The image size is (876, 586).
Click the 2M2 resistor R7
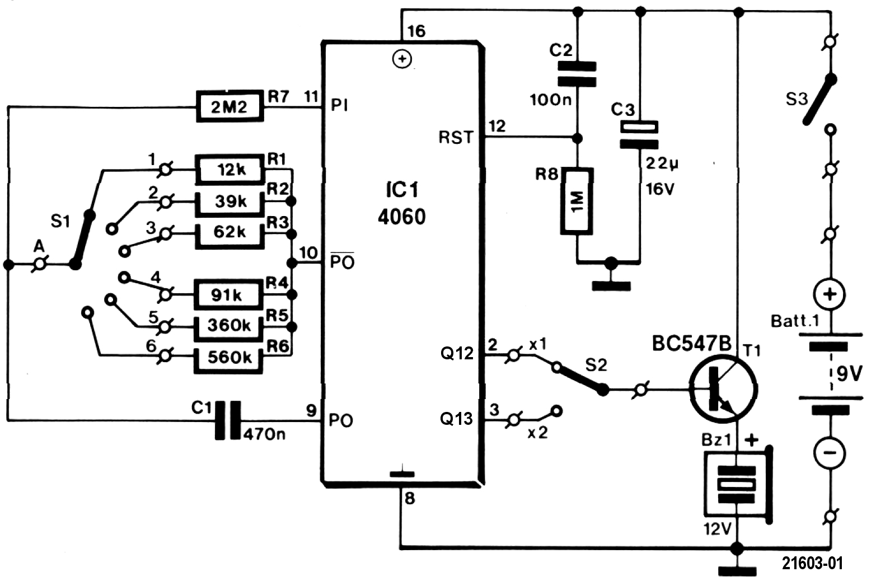point(229,106)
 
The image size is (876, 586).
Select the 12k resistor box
point(229,168)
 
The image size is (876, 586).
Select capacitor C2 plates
point(577,74)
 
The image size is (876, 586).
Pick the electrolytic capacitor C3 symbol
point(639,135)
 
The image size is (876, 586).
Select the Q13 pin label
point(456,418)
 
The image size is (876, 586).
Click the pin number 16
point(416,31)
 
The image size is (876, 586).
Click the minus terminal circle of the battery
point(830,452)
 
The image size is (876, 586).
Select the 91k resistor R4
point(228,294)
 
